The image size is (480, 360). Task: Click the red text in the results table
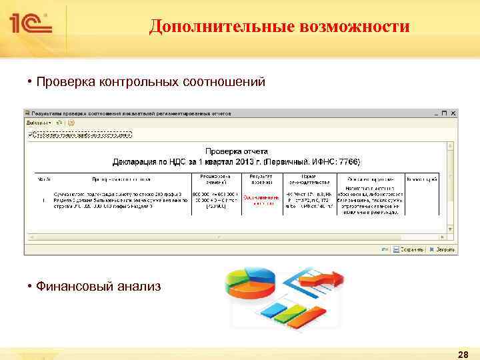[x=263, y=200]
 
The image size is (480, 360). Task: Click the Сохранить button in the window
[x=409, y=249]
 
